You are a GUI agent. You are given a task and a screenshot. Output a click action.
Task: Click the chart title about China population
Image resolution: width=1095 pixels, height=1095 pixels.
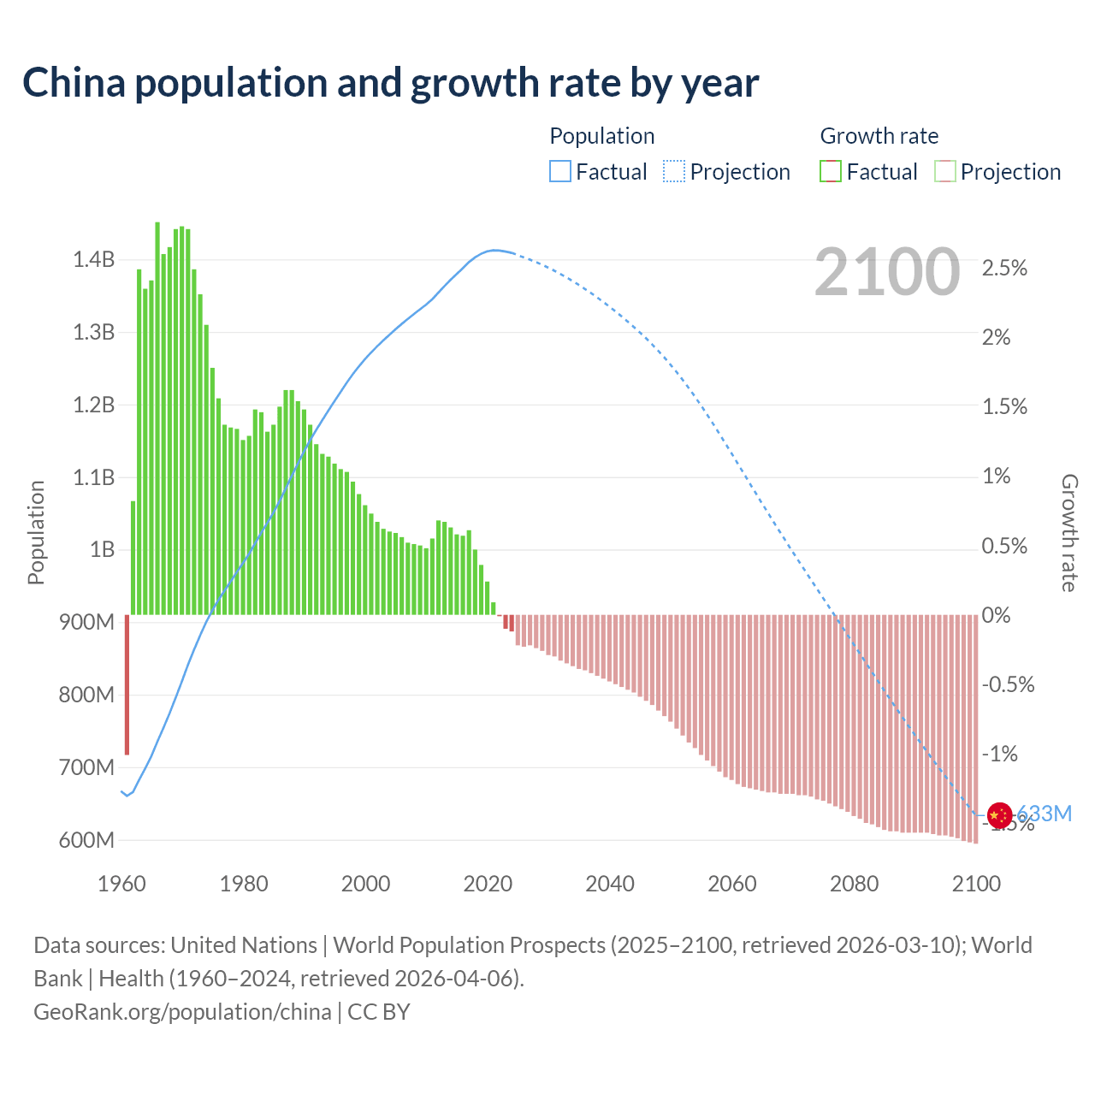[x=390, y=83]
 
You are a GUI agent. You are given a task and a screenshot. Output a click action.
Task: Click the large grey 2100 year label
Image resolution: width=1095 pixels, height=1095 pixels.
[x=887, y=272]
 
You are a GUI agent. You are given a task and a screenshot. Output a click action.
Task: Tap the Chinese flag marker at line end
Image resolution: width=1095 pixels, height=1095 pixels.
[x=998, y=814]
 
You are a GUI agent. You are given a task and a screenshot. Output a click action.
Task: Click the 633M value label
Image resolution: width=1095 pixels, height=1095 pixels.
[x=1045, y=814]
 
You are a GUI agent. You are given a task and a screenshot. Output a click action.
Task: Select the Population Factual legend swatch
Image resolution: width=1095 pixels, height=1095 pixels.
[x=559, y=172]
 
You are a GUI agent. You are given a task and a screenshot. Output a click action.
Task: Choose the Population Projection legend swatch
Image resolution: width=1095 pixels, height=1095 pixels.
[x=673, y=172]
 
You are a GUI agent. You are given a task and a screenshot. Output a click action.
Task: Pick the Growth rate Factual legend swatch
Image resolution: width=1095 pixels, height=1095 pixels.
[x=830, y=172]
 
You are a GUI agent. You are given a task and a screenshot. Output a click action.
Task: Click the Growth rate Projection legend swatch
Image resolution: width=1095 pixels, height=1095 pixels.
[x=944, y=172]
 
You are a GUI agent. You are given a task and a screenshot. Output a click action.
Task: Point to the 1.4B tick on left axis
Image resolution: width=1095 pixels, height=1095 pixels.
[x=93, y=259]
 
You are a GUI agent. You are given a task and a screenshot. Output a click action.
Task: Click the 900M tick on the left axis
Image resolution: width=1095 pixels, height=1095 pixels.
[x=86, y=622]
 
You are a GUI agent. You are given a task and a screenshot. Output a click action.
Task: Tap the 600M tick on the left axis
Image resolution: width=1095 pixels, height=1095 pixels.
[x=86, y=840]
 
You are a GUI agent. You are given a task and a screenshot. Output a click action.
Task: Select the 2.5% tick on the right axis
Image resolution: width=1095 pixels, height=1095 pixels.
[x=1004, y=268]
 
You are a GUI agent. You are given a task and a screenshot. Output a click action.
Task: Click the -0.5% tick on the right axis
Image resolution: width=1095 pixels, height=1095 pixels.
[x=1008, y=684]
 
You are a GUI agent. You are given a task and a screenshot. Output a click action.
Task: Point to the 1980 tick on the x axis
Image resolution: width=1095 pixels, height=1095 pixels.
[x=244, y=884]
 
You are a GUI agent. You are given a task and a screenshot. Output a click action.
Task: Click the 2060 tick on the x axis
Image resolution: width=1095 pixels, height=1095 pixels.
[x=732, y=884]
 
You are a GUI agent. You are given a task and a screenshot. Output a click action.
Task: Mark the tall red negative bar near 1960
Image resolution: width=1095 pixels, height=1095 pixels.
[x=127, y=684]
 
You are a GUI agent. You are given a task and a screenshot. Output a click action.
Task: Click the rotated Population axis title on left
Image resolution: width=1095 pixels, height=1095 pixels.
[x=36, y=532]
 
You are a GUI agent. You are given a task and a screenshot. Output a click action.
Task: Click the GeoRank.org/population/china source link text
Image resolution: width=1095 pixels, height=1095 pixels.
[x=182, y=1012]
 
